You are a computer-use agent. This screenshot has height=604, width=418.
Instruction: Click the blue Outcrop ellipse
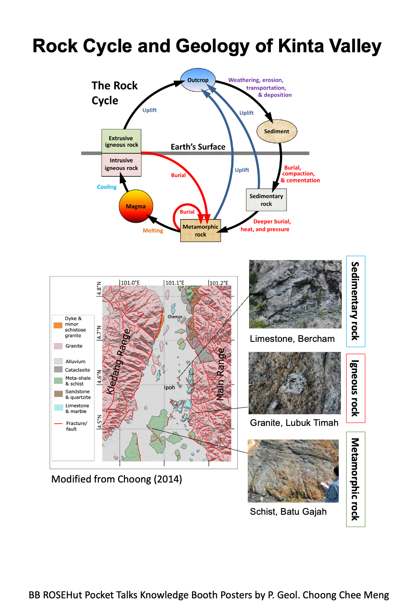198,80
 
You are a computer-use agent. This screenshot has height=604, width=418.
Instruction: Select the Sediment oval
276,131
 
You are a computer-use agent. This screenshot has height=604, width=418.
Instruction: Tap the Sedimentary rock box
266,200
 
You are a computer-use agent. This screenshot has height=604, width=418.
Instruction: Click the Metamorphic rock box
200,230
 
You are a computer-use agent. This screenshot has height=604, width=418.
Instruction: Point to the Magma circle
135,206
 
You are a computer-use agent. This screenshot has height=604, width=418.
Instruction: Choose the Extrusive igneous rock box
121,141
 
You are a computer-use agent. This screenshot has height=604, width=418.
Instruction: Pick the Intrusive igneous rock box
121,164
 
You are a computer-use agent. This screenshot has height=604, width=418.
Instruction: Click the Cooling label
107,187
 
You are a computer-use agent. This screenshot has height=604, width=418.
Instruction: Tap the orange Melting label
153,231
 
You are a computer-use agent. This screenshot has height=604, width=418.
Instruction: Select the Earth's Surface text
198,147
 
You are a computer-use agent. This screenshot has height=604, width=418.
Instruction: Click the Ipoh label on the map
169,388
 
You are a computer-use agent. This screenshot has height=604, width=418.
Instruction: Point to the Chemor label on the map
175,317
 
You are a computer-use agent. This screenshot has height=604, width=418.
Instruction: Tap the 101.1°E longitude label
175,283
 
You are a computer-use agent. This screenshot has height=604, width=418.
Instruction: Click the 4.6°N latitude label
99,377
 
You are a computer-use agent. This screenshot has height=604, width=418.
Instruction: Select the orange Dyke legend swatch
58,325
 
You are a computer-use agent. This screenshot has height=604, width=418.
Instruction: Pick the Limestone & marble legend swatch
58,408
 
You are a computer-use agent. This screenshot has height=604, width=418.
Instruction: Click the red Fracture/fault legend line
58,423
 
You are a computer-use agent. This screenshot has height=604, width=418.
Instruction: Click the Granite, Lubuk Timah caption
294,423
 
